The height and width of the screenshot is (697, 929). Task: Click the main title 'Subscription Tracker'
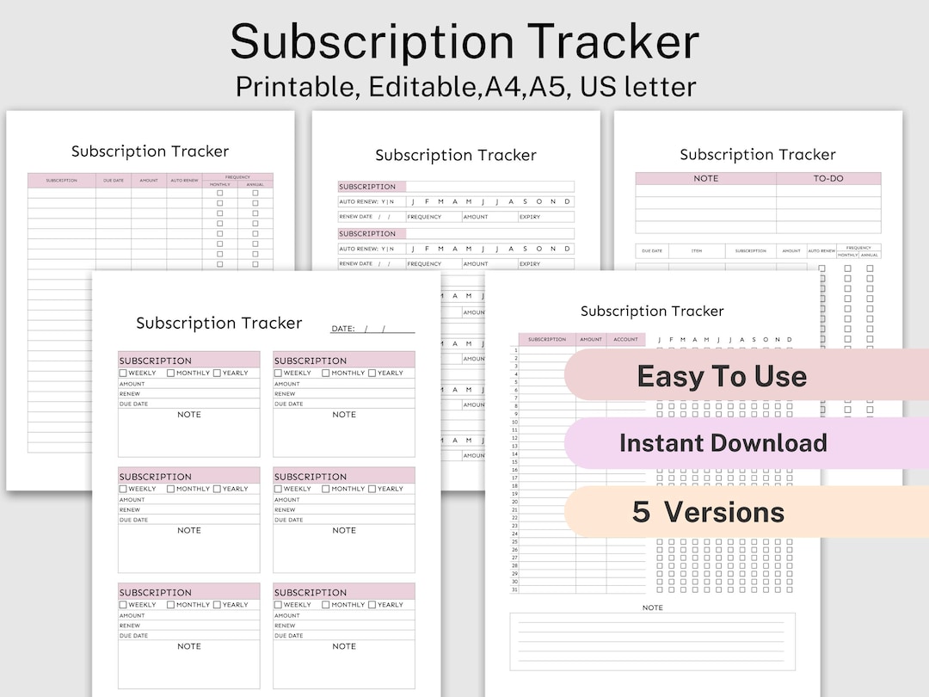[x=464, y=41]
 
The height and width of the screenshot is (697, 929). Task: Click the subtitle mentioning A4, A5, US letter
[x=464, y=87]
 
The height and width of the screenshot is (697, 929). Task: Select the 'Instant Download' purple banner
[x=723, y=443]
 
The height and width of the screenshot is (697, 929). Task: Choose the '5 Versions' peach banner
[x=708, y=512]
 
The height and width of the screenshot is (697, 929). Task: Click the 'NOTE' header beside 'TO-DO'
[x=705, y=179]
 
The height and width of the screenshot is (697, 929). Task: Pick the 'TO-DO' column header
[x=828, y=179]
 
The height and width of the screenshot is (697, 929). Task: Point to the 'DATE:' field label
[x=342, y=329]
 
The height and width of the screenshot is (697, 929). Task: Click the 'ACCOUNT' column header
[x=625, y=339]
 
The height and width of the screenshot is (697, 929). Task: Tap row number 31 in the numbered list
[x=514, y=589]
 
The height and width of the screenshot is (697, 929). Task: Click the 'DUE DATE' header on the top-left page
[x=113, y=181]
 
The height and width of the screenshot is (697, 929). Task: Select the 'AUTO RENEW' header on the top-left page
[x=184, y=181]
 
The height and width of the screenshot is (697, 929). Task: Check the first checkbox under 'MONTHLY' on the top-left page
[x=219, y=193]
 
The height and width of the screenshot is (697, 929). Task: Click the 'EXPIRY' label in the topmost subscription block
[x=530, y=217]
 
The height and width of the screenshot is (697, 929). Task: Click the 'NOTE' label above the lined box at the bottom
[x=652, y=608]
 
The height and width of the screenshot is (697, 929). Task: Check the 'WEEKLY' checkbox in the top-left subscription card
[x=123, y=373]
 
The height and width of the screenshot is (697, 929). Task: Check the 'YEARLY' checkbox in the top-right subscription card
[x=372, y=373]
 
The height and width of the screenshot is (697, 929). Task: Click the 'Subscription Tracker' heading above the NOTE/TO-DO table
[x=757, y=155]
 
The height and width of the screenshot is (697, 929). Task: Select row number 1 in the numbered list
[x=514, y=350]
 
